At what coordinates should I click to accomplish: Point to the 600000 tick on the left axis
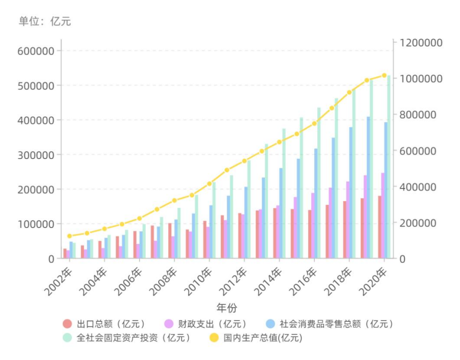click(x=36, y=51)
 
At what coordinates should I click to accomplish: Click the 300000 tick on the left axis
click(x=36, y=154)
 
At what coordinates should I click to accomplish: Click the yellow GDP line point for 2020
click(x=384, y=75)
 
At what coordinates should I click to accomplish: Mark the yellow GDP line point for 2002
click(x=69, y=236)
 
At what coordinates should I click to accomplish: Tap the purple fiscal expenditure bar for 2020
click(x=383, y=215)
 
